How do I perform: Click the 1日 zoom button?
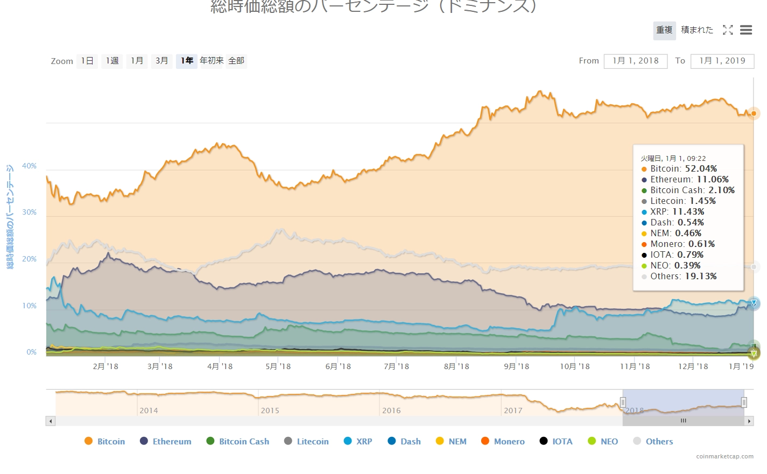pyautogui.click(x=87, y=61)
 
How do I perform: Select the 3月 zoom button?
pyautogui.click(x=161, y=61)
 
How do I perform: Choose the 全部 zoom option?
pyautogui.click(x=236, y=61)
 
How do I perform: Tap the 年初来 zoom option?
pyautogui.click(x=212, y=61)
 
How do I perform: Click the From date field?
pyautogui.click(x=635, y=61)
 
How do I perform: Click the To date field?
pyautogui.click(x=722, y=61)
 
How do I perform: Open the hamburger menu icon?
pyautogui.click(x=745, y=30)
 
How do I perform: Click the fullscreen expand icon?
pyautogui.click(x=728, y=30)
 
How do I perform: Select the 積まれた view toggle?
pyautogui.click(x=696, y=30)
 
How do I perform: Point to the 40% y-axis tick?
pyautogui.click(x=29, y=166)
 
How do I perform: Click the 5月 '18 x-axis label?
pyautogui.click(x=278, y=366)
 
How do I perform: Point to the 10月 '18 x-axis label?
pyautogui.click(x=574, y=366)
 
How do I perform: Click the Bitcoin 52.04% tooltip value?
pyautogui.click(x=701, y=169)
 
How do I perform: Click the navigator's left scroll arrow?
pyautogui.click(x=51, y=421)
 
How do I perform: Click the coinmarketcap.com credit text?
pyautogui.click(x=724, y=456)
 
